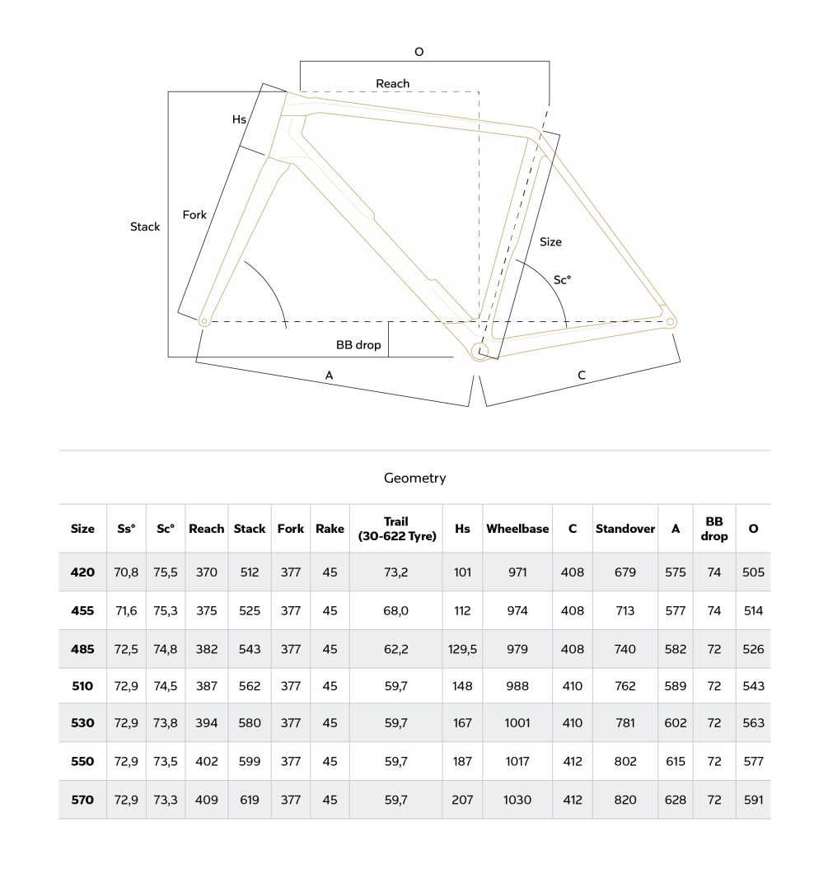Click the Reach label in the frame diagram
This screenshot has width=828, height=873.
[392, 83]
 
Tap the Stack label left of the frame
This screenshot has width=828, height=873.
[145, 226]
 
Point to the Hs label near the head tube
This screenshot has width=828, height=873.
[239, 119]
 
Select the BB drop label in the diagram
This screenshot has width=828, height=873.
[358, 345]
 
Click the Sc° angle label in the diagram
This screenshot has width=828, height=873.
[562, 280]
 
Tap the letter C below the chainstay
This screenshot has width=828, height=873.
[582, 376]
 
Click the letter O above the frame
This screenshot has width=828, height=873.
[419, 52]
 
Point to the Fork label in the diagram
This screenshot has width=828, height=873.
[194, 215]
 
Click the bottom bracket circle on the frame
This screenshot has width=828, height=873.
[479, 352]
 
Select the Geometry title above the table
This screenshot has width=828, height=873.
[414, 478]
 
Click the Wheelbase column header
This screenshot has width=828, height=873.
[517, 529]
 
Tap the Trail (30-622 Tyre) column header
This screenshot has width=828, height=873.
[396, 529]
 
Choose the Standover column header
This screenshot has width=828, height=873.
[625, 529]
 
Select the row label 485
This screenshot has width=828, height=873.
[82, 649]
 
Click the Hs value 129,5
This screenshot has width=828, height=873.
[462, 649]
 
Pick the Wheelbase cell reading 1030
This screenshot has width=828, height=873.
[517, 800]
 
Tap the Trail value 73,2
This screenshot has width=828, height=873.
[396, 572]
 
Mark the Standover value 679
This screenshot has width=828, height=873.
[625, 572]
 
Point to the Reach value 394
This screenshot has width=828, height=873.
[206, 723]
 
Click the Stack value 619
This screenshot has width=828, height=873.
[250, 800]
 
